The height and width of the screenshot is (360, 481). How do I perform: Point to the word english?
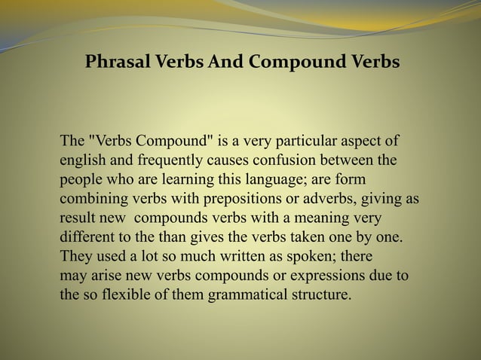[82, 160]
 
